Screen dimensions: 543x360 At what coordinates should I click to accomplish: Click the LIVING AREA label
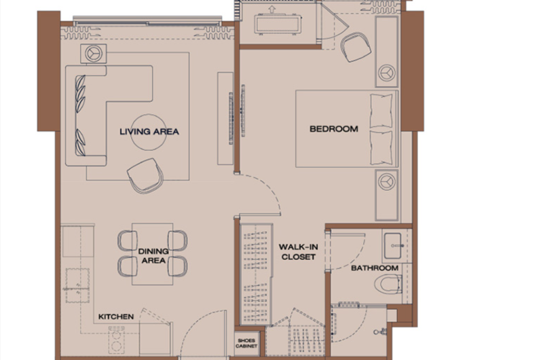tap(149, 132)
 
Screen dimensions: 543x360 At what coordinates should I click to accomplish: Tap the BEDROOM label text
tap(334, 129)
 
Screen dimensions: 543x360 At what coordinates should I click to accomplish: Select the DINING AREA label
tap(153, 255)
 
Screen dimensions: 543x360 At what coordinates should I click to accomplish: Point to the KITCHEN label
tap(116, 317)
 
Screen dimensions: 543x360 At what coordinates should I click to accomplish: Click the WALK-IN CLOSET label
tap(298, 252)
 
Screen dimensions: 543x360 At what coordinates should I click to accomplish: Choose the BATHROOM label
tap(375, 268)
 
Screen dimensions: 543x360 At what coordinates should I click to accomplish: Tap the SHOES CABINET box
tap(246, 344)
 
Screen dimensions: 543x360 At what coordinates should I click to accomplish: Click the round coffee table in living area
tap(149, 132)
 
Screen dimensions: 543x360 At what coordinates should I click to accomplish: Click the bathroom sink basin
tap(394, 246)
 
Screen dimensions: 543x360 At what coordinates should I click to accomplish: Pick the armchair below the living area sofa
tap(145, 175)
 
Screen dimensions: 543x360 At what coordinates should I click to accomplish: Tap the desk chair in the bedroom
tap(356, 47)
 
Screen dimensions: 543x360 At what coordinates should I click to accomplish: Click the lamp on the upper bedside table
tap(387, 73)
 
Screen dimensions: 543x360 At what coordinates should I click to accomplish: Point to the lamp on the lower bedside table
tap(387, 182)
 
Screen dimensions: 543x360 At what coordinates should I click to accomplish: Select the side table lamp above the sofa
tap(94, 54)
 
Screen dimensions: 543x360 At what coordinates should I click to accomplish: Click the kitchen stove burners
tap(116, 340)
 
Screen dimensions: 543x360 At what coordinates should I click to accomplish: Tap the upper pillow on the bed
tap(381, 111)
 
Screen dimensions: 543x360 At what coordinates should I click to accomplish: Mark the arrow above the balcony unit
tap(272, 10)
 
